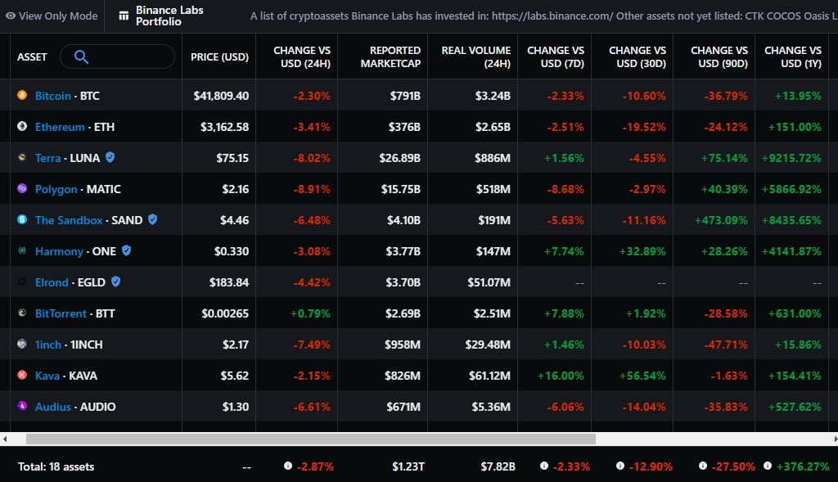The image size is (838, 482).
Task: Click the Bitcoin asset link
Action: coord(53,96)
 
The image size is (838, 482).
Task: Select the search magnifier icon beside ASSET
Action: coord(81,56)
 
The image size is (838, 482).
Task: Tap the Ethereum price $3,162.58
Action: coord(224,127)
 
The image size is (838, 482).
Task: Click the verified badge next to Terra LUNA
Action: coord(110,157)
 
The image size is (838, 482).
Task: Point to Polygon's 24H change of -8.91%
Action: coord(312,189)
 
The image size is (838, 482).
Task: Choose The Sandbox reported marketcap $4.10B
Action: coord(403,220)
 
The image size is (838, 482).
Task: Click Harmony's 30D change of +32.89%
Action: coord(642,251)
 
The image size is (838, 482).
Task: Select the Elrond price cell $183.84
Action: coord(229,282)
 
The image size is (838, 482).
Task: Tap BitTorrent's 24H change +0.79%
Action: coord(310,313)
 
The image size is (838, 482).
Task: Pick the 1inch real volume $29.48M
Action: coord(488,345)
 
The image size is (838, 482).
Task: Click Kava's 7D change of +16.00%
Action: coord(561,376)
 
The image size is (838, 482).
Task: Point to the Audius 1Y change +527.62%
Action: coord(795,407)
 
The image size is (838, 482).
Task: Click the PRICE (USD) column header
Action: coord(219,56)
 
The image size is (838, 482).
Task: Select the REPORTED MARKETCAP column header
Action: coord(390,56)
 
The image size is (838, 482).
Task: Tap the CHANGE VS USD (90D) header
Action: coord(719,56)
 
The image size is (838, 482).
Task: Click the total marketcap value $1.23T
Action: coord(408,466)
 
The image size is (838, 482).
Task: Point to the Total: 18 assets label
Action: coord(56,466)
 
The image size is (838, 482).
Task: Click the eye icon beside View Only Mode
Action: coord(10,16)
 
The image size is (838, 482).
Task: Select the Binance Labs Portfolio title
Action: coord(169,16)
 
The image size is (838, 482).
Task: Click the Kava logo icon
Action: coord(22,375)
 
